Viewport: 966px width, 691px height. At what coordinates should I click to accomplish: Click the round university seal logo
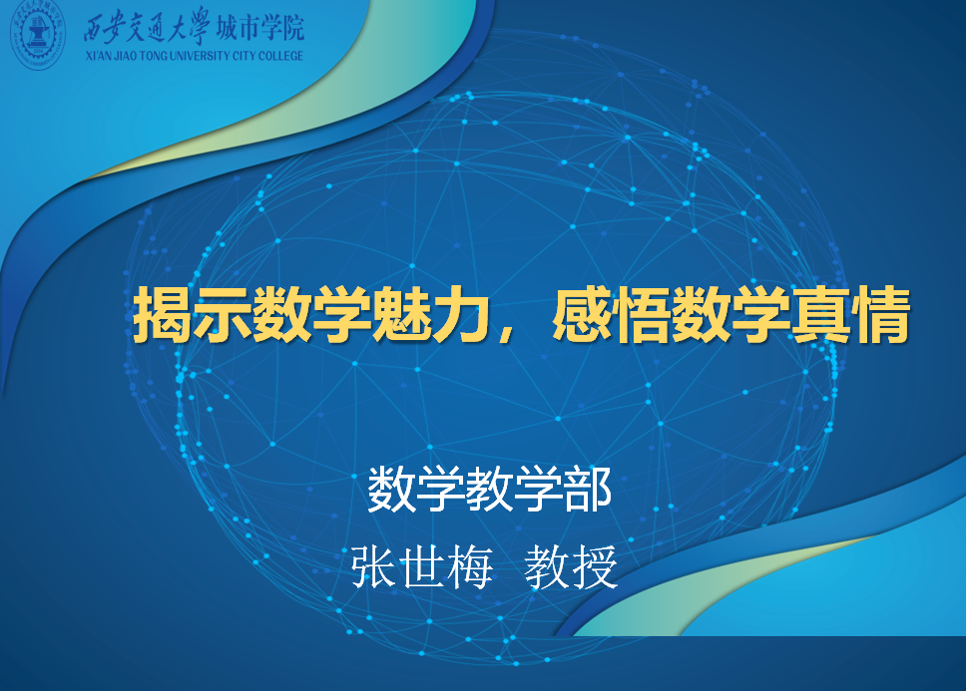(38, 34)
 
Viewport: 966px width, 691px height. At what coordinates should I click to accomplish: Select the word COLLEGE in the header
(281, 56)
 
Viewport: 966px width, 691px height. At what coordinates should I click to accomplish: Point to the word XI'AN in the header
(99, 56)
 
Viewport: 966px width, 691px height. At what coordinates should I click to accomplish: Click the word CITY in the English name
(243, 56)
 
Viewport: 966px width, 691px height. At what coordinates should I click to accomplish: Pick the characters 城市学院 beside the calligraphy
(260, 28)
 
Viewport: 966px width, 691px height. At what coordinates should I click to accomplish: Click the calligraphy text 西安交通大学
(147, 27)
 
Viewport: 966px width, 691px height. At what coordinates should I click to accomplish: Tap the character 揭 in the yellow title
(162, 314)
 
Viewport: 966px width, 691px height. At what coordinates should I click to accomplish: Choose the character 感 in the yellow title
(582, 314)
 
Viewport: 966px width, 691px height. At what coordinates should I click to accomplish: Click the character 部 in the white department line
(588, 489)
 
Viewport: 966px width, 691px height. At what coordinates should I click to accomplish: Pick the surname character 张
(373, 566)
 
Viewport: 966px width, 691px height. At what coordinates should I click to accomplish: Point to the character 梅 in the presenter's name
(471, 566)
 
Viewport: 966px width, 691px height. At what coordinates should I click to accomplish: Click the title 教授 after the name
(571, 566)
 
